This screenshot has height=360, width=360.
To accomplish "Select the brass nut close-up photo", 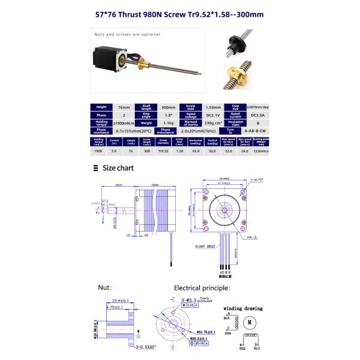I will pyautogui.click(x=237, y=75).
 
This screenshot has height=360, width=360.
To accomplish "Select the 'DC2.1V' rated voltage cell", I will pyautogui.click(x=206, y=114).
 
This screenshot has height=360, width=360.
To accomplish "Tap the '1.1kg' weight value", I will pyautogui.click(x=162, y=122).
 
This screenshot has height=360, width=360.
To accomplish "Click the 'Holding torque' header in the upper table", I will pyautogui.click(x=101, y=122).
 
